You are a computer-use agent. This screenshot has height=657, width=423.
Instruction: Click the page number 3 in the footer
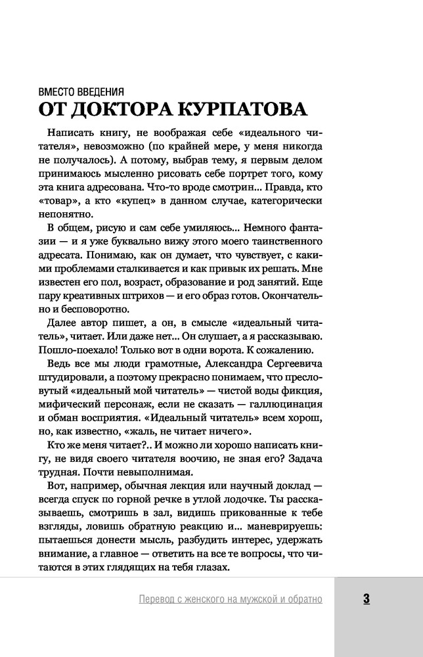[366, 599]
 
